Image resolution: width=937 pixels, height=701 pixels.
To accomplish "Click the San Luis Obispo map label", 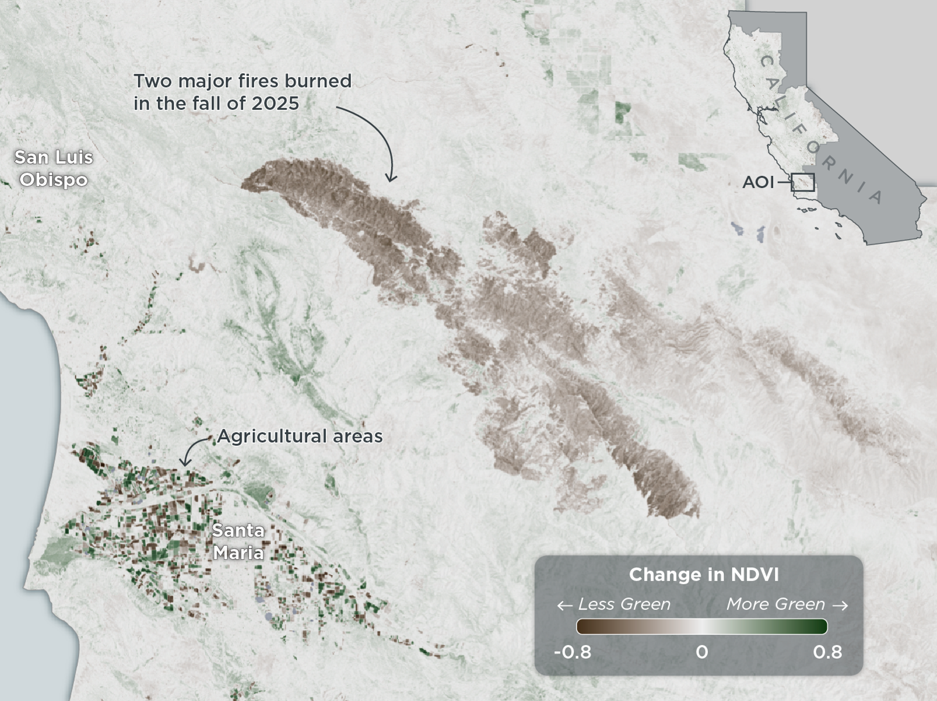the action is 54,168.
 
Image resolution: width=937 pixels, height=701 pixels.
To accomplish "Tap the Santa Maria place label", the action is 238,542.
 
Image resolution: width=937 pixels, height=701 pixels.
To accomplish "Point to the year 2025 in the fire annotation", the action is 275,103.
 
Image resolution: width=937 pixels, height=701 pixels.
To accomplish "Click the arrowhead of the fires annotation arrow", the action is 390,178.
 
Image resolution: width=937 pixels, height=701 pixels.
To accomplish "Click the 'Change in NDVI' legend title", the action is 704,575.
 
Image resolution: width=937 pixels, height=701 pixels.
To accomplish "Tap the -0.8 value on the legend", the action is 572,652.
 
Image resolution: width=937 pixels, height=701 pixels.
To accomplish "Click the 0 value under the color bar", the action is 702,652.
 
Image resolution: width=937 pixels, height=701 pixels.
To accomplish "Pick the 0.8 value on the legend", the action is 827,652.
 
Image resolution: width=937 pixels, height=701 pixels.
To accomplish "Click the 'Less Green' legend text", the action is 624,604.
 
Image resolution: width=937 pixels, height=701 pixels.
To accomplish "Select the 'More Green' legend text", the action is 775,604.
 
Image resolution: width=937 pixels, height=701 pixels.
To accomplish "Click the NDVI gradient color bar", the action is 702,626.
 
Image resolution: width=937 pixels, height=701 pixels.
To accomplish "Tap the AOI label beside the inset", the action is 758,183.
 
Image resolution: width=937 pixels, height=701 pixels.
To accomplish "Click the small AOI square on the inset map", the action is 803,182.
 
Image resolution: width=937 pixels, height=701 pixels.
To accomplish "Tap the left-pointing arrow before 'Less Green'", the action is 565,606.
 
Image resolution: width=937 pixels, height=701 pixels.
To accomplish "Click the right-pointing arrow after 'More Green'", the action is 840,606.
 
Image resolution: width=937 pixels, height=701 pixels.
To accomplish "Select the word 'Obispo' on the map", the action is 54,180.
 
